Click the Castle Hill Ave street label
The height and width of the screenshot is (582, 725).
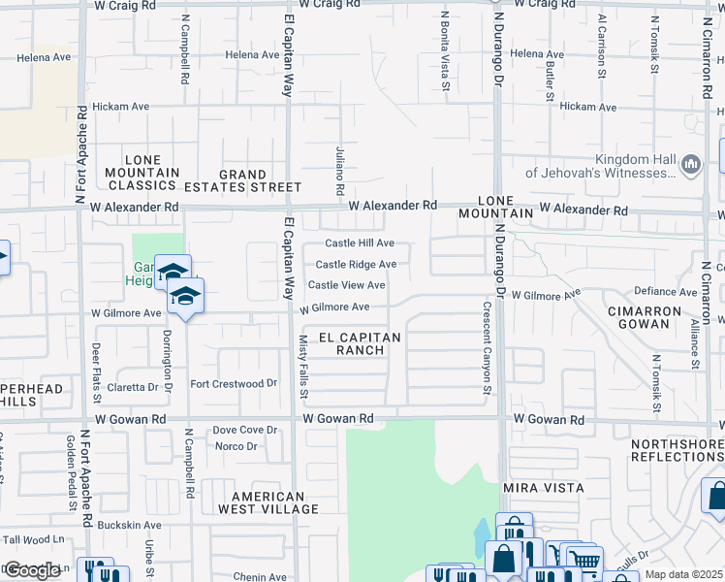tap(359, 242)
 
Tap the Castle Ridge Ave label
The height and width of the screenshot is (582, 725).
tap(356, 264)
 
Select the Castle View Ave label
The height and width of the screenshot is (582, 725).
tap(346, 285)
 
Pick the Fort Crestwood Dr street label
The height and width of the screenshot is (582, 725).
tap(227, 384)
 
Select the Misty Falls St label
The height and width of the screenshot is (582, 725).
tap(302, 368)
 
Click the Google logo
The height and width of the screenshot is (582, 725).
tap(32, 569)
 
